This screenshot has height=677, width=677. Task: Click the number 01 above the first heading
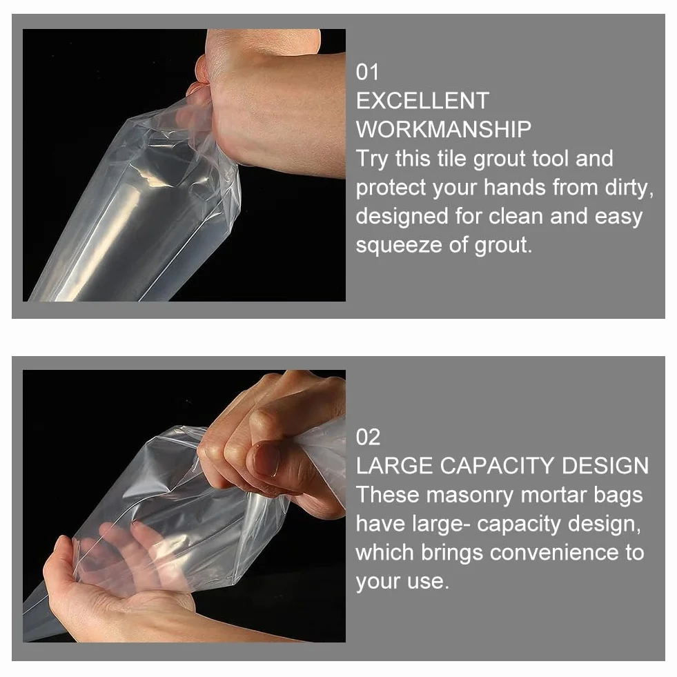point(367,72)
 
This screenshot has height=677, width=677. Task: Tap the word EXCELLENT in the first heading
point(422,101)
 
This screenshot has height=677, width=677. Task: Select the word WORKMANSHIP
point(444,130)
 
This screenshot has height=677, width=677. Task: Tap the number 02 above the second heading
point(368,437)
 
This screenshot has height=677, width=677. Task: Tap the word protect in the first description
point(391,188)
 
